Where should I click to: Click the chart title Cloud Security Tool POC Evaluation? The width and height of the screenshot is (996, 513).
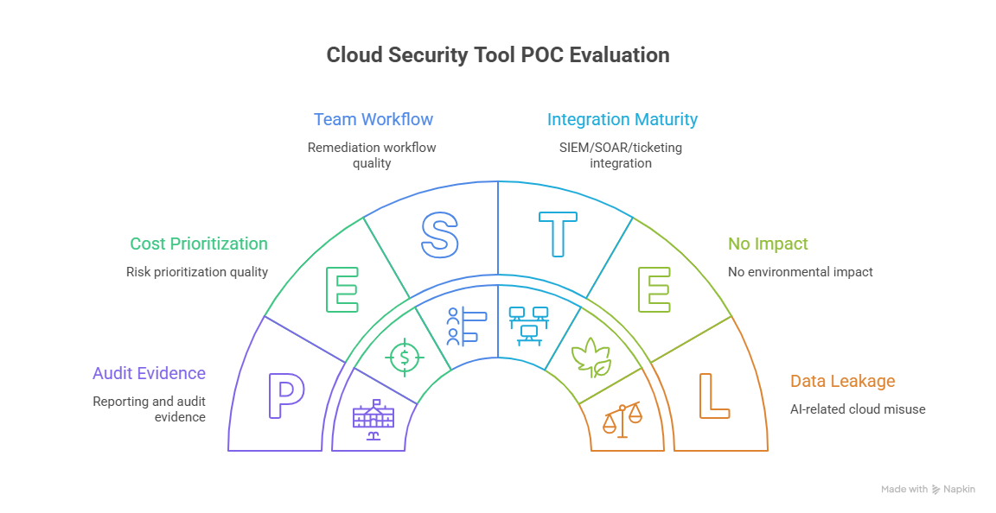[x=497, y=55]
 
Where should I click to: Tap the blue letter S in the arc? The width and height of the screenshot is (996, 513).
[x=439, y=235]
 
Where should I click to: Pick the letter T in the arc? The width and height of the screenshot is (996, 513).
[x=558, y=235]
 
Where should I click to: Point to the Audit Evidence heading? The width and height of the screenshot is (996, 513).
[x=149, y=374]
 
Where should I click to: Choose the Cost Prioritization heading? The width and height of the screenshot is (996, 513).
[x=199, y=244]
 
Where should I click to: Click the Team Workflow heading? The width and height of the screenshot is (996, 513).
[x=373, y=119]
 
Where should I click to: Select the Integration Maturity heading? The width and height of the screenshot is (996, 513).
[x=622, y=119]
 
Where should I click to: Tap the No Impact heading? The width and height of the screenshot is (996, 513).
[x=768, y=244]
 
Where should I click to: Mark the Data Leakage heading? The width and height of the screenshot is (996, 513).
[x=842, y=381]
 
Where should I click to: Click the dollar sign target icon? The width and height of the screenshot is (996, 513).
[x=404, y=357]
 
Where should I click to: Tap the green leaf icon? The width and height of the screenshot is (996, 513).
[x=592, y=358]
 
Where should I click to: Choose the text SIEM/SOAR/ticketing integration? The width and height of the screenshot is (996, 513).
[x=620, y=155]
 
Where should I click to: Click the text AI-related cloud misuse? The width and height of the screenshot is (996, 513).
[x=858, y=408]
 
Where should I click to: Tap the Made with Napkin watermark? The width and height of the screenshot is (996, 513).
[x=928, y=489]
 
